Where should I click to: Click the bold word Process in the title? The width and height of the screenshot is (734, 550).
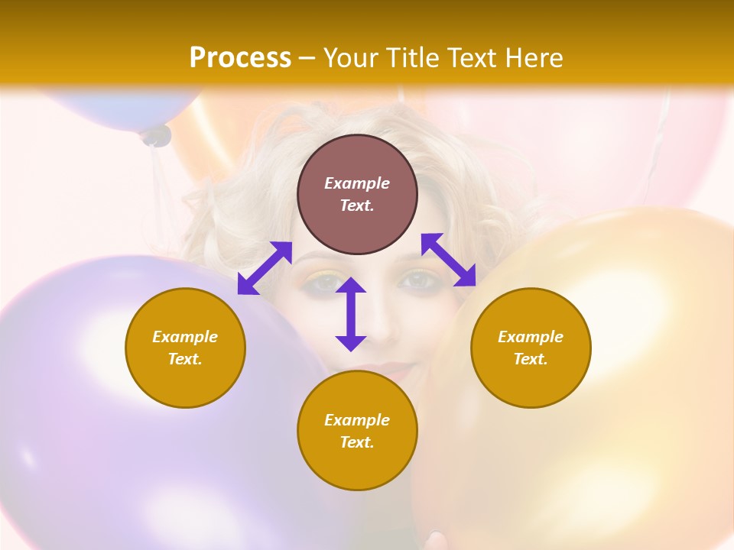[240, 58]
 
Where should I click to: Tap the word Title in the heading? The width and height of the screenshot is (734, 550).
[412, 58]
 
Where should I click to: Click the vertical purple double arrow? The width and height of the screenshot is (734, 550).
[351, 314]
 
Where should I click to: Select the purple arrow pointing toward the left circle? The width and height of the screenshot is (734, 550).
[265, 267]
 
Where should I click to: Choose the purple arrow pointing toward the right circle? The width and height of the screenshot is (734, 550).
[449, 260]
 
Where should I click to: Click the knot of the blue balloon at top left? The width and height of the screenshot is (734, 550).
[156, 136]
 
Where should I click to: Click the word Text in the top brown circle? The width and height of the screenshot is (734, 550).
[357, 205]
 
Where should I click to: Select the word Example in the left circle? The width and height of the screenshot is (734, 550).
[185, 337]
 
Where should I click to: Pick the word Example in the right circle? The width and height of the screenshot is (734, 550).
[531, 337]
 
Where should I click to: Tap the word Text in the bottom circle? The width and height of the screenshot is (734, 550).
[357, 442]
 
